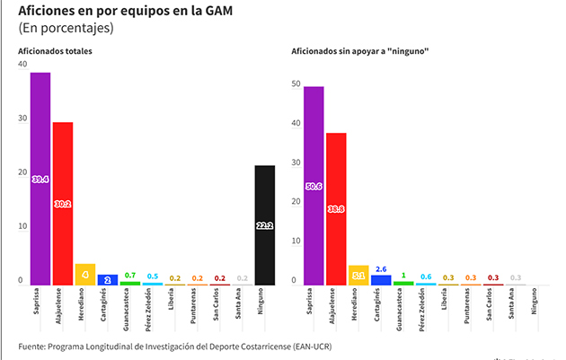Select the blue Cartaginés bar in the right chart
click(381, 280)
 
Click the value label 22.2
click(265, 226)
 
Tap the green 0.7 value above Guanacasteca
click(130, 275)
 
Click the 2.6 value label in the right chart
click(381, 268)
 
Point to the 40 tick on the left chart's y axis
click(22, 66)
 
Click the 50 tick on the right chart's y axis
click(295, 84)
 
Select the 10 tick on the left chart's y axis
click(22, 226)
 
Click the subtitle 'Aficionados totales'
click(56, 51)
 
